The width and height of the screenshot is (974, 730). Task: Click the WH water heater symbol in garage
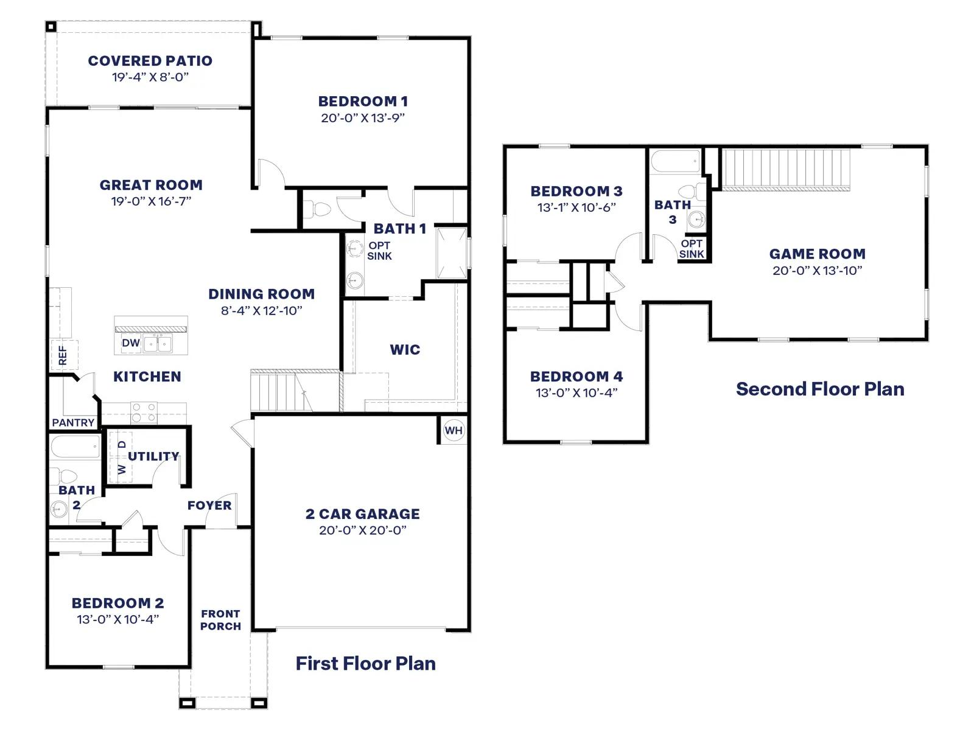453,430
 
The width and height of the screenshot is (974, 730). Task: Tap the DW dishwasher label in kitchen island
130,342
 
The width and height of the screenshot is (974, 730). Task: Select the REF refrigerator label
63,355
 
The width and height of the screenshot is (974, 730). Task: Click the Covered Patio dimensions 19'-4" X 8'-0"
150,77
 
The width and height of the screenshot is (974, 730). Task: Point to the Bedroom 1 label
363,102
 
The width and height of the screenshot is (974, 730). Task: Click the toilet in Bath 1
318,209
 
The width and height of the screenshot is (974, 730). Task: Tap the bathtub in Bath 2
75,447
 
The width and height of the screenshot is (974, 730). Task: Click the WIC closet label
405,350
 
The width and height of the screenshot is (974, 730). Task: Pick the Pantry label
73,422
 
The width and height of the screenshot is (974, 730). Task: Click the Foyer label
209,506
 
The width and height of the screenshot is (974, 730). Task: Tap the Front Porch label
220,620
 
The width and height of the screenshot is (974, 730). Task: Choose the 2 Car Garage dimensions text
363,530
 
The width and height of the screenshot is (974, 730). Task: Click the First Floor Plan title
366,664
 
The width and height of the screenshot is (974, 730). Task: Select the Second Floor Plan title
820,389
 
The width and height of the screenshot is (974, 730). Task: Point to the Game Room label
818,254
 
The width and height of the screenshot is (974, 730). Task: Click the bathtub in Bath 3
676,161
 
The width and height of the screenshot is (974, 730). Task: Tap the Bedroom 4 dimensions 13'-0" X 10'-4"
576,393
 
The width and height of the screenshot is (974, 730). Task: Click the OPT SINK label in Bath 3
692,249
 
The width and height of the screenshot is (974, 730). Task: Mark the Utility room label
153,456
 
